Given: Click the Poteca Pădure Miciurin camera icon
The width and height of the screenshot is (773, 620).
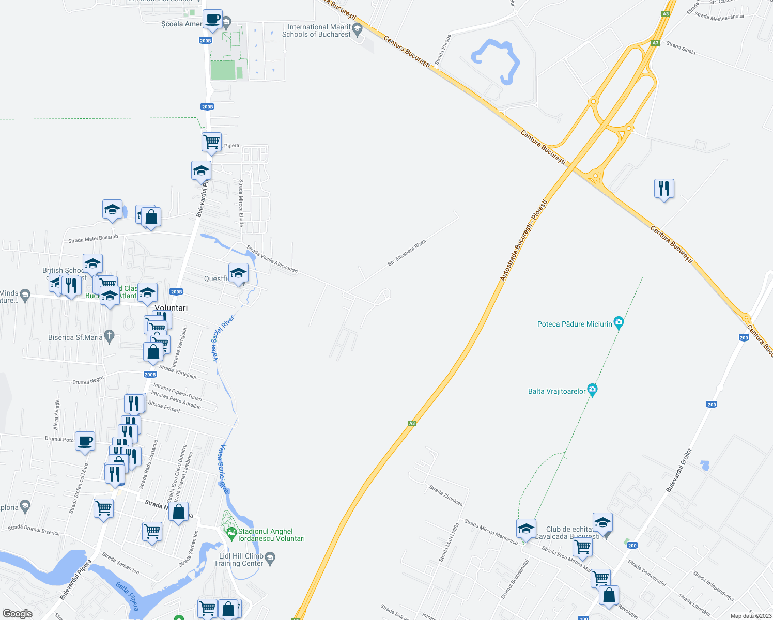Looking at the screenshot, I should click(619, 323).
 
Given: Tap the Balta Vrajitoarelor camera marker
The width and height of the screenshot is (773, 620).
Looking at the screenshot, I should click(593, 391).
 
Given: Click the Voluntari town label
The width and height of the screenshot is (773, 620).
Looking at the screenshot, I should click(171, 308).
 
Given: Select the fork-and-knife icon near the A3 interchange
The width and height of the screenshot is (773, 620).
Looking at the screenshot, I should click(664, 189).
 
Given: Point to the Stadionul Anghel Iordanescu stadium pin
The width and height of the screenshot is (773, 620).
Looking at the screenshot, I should click(231, 532).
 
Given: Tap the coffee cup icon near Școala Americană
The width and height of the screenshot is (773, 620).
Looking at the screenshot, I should click(212, 20).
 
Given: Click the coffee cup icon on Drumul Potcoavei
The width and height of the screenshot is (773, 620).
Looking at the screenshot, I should click(85, 442).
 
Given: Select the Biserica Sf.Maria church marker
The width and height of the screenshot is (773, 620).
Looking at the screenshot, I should click(109, 337).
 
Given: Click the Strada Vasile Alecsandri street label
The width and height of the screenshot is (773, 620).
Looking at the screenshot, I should click(272, 259).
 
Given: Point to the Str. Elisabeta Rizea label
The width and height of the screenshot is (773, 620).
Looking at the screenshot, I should click(407, 253).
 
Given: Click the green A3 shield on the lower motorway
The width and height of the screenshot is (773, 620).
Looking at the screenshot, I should click(412, 423).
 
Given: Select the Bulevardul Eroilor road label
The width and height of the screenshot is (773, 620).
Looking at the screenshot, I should click(678, 470).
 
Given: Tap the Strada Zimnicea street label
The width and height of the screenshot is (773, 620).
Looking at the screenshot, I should click(446, 495).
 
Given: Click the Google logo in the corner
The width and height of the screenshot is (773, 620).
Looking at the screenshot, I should click(17, 614).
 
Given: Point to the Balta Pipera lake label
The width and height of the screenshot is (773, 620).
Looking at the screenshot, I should click(127, 596).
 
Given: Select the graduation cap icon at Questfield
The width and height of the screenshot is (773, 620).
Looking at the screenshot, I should click(238, 273).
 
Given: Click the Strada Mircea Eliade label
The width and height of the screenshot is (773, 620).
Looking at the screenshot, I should click(241, 203).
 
